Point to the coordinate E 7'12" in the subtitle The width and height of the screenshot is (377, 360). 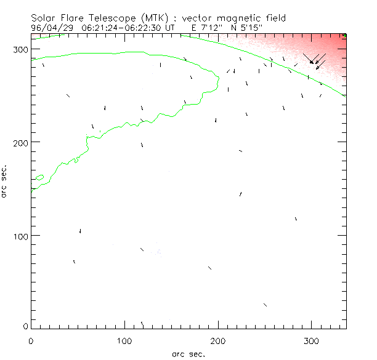tap(197, 28)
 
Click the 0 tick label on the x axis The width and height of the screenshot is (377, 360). tap(31, 340)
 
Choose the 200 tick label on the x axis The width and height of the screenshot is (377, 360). tap(217, 340)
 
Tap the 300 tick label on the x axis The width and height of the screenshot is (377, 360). tap(311, 340)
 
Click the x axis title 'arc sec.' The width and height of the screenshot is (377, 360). tap(188, 353)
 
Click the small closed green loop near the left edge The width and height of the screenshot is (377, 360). tap(39, 178)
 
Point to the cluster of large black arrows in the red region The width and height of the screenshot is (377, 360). tap(315, 60)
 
